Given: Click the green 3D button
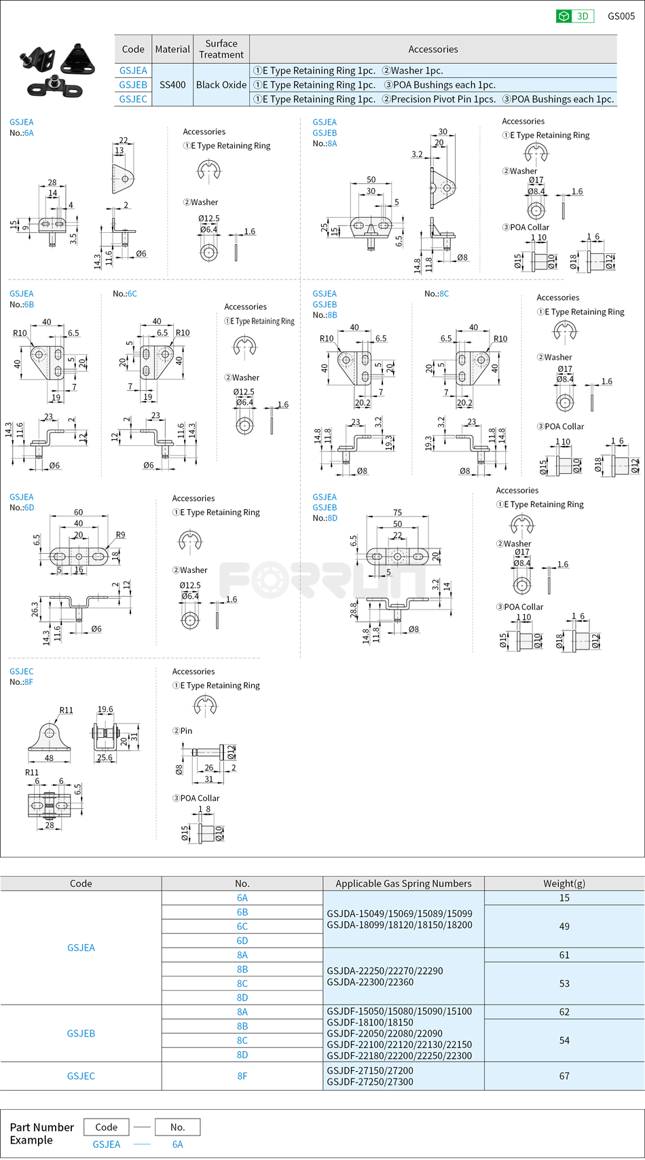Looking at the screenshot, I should tap(574, 16).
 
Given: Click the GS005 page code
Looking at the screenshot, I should tap(621, 16).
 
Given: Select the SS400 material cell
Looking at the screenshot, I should tap(172, 85).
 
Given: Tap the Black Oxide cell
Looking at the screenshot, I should tap(221, 85).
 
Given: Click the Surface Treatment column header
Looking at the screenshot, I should tap(221, 49).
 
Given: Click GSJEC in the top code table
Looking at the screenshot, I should tap(133, 99).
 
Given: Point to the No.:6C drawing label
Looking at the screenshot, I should tap(125, 294).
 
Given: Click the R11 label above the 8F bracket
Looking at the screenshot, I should tap(66, 710).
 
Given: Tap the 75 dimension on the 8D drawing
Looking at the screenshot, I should tap(397, 512).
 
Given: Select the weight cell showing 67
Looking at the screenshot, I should tap(564, 1076).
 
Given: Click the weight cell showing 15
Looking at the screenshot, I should tap(564, 898).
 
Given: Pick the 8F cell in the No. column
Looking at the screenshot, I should tap(242, 1076).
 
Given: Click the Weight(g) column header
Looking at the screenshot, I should tap(564, 884).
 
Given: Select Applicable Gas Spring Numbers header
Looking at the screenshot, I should tap(403, 884).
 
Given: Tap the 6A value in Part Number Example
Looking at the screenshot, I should tap(177, 1144).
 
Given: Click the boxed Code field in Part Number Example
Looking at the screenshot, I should tap(107, 1127).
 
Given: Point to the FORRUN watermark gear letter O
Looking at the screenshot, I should tap(274, 581).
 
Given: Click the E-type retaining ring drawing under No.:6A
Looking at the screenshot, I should tap(209, 170).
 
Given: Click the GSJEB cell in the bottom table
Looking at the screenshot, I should tap(81, 1033).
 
